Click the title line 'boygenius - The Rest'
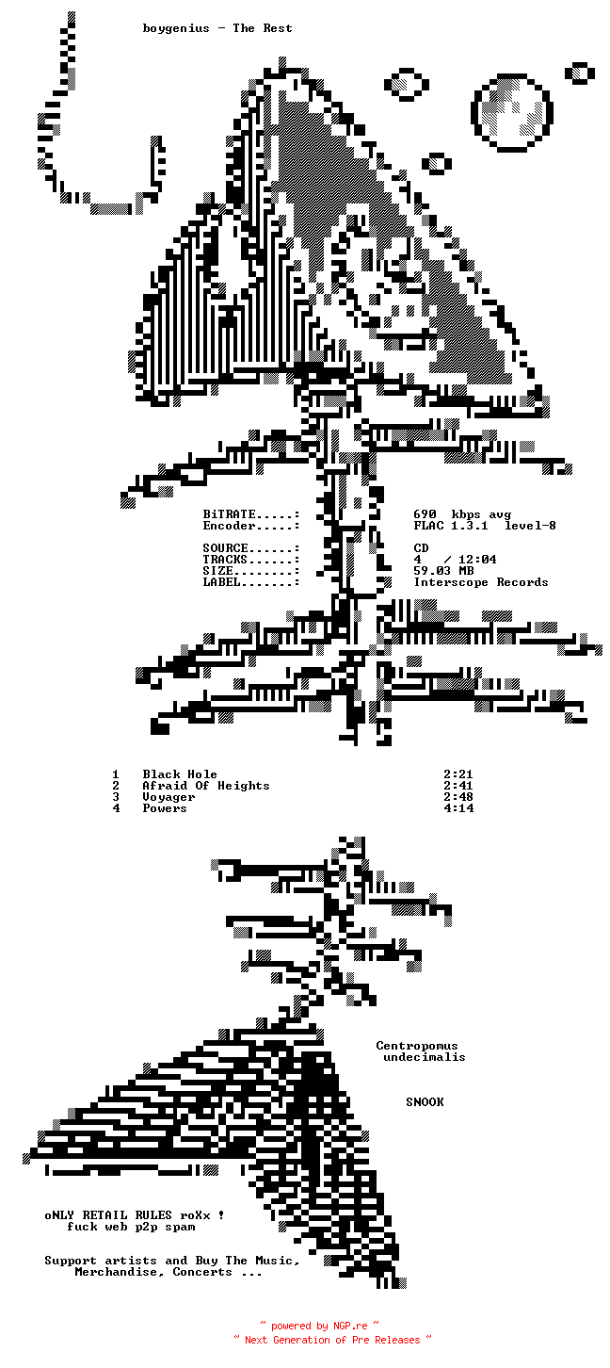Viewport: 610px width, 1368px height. click(217, 28)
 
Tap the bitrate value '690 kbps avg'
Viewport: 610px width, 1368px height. click(462, 514)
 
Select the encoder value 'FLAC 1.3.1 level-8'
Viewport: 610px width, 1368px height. click(485, 526)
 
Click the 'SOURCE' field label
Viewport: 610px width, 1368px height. click(226, 548)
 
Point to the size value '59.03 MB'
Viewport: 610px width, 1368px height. click(443, 571)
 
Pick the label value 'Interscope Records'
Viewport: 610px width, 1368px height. click(481, 582)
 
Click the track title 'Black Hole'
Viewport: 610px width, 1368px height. click(180, 774)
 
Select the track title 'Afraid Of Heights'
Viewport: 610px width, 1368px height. click(206, 786)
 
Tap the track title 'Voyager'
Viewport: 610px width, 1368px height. click(169, 797)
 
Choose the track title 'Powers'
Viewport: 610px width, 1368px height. click(165, 808)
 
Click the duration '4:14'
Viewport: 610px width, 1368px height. click(458, 808)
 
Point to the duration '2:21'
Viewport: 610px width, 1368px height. click(458, 774)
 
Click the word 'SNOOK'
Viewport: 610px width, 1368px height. click(425, 1102)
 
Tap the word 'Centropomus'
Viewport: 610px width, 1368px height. click(417, 1046)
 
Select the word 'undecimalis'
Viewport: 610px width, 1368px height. click(425, 1057)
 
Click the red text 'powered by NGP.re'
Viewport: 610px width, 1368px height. click(319, 1327)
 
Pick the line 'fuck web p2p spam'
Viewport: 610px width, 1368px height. click(131, 1227)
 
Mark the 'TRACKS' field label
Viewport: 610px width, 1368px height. click(226, 560)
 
